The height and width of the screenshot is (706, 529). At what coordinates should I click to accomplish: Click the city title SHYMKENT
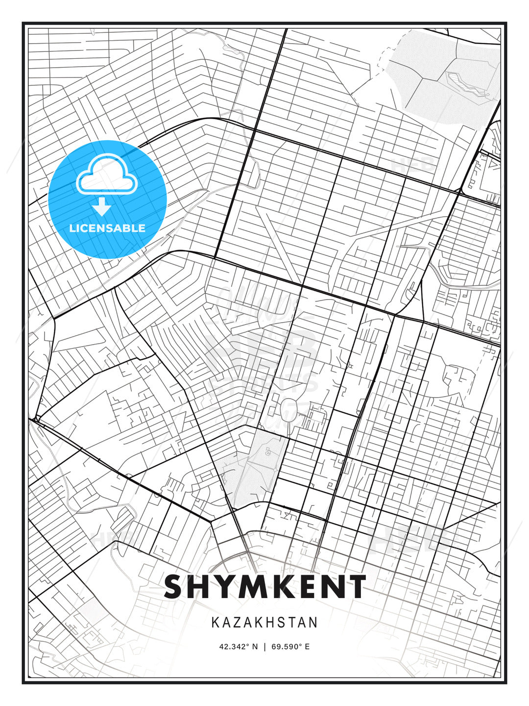click(264, 586)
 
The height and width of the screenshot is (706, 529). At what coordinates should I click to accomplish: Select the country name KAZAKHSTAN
click(264, 622)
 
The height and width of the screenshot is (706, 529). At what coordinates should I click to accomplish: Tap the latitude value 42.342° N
click(238, 646)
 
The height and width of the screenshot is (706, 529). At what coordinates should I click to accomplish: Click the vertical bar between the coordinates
click(264, 646)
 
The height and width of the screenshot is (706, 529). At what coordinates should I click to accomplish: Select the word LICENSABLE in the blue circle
click(107, 228)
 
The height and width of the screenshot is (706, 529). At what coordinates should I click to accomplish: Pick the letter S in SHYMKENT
click(176, 586)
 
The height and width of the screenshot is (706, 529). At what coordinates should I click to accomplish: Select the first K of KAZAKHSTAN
click(216, 622)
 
